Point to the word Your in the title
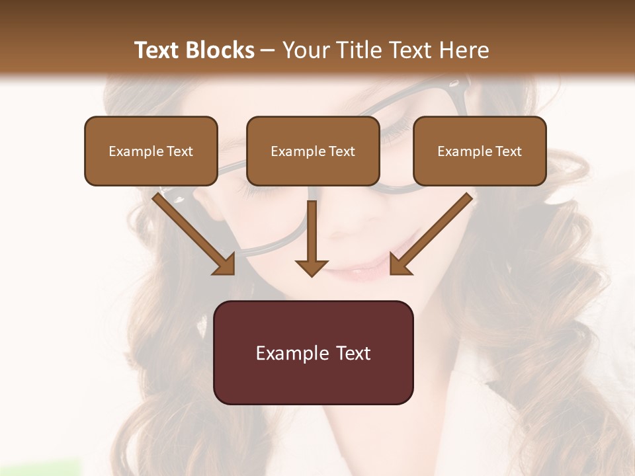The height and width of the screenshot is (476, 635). pyautogui.click(x=302, y=50)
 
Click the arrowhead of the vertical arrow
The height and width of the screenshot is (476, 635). pyautogui.click(x=312, y=267)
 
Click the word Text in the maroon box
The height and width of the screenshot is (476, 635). pyautogui.click(x=354, y=353)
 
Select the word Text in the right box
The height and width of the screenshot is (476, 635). pyautogui.click(x=508, y=151)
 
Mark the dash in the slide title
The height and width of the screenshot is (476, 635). pyautogui.click(x=268, y=50)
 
